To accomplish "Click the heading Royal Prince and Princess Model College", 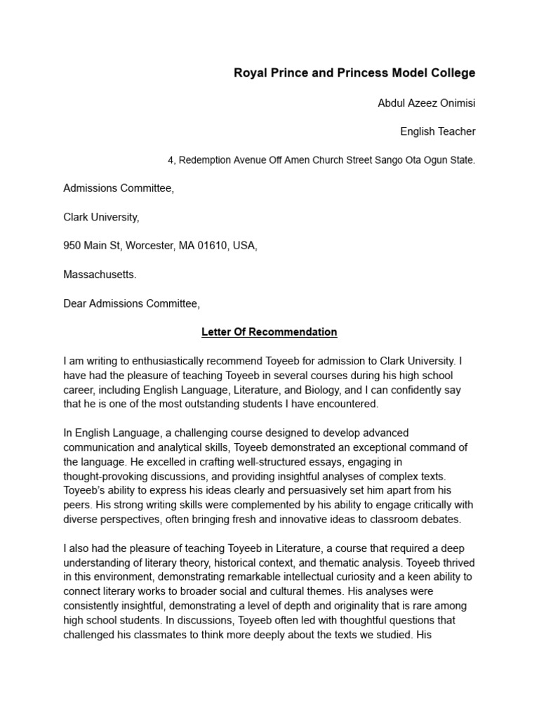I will coord(354,73).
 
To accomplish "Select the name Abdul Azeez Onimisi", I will coord(426,103).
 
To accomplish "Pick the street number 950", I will coord(72,246).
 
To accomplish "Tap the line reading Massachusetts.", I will coord(100,275).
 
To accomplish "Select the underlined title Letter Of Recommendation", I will coord(269,332).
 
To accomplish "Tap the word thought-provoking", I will coord(106,475).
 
